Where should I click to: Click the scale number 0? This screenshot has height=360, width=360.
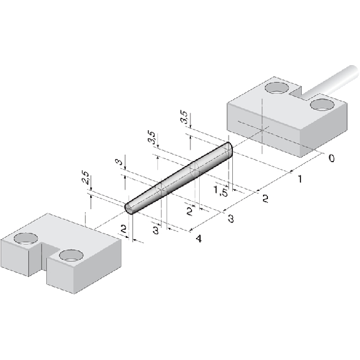332,158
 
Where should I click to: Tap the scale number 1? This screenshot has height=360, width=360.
300,178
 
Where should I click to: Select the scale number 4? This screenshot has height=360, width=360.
199,239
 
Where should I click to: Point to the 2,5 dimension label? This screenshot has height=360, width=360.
86,177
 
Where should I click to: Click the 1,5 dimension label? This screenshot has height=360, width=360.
221,191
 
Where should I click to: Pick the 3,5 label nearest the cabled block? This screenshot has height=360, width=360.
184,117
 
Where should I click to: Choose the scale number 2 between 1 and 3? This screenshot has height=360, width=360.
265,198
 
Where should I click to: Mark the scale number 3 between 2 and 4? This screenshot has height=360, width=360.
231,219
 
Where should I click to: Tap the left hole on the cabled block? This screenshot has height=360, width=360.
277,88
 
